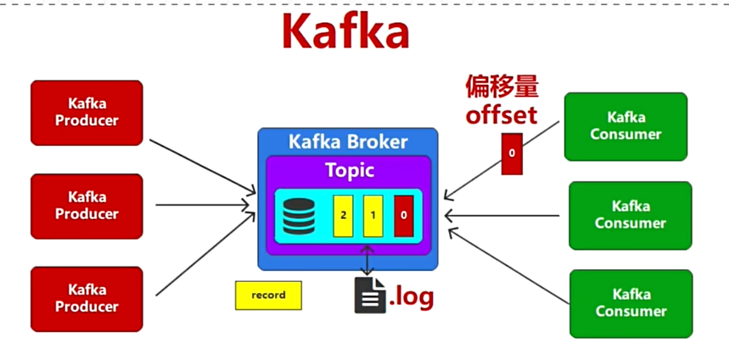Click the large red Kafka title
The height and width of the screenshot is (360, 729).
345,33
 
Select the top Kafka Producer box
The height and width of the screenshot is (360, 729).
87,112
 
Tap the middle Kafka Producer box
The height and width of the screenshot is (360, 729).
87,205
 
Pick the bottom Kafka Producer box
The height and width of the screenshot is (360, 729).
87,299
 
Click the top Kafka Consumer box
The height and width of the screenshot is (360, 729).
625,127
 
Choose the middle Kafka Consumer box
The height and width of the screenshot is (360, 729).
630,215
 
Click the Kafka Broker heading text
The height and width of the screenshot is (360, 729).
348,142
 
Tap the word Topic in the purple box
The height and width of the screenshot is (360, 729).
350,171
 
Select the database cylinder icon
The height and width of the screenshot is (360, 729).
297,215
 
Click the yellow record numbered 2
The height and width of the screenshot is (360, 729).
343,216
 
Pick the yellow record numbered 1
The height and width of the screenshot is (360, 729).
373,216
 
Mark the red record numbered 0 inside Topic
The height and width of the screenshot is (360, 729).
403,216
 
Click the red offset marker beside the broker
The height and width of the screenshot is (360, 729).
512,154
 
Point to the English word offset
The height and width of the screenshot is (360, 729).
501,115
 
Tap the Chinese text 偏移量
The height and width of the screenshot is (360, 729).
502,87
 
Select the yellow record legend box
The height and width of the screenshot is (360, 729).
268,295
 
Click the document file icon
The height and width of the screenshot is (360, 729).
369,295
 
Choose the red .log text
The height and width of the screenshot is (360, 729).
412,296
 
